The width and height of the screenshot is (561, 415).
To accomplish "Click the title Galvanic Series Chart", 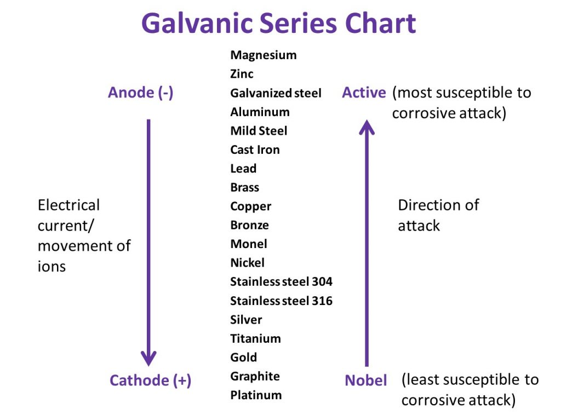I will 278,24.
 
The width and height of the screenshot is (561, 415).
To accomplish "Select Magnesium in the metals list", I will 264,55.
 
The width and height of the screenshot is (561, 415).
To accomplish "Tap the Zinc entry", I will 242,73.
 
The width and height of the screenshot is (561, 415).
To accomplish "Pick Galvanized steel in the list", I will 276,93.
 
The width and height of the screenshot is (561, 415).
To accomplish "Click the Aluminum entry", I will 260,112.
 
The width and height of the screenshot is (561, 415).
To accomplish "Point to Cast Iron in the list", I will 255,149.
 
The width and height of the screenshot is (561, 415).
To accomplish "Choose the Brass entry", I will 244,187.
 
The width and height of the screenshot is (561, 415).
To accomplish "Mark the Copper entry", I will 250,206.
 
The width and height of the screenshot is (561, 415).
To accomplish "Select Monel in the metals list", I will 249,244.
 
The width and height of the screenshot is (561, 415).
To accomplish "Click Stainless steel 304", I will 281,282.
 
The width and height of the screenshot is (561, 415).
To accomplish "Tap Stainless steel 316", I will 281,301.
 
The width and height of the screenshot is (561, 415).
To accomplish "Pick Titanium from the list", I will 255,338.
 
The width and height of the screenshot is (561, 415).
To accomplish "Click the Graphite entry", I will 255,376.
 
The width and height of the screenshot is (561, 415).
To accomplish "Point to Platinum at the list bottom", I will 256,395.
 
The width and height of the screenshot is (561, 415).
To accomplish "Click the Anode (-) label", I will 141,93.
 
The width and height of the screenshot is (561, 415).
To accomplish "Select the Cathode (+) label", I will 150,380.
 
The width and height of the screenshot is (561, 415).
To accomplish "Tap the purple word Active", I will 364,93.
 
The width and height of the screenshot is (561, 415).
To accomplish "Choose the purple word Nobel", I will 365,380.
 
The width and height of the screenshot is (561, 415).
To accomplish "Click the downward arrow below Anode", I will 148,241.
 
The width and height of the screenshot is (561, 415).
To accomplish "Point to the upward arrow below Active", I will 367,241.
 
